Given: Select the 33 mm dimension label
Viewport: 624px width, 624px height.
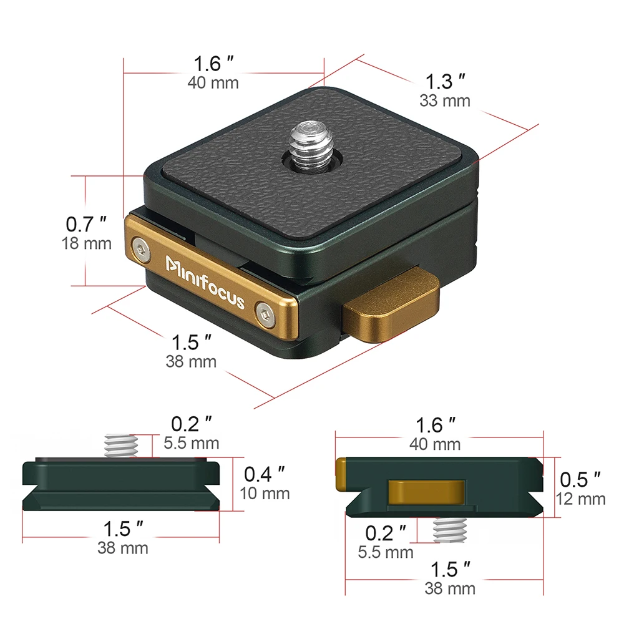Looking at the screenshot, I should [445, 100].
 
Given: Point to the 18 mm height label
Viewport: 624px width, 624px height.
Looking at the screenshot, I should [87, 243].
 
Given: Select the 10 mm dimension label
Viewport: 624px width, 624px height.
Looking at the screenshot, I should [265, 494].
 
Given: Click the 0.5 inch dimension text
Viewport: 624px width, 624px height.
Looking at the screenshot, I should [581, 479].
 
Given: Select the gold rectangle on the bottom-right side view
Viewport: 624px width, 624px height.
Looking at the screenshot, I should [426, 491].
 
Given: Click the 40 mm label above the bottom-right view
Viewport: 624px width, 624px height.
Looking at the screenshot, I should [435, 444].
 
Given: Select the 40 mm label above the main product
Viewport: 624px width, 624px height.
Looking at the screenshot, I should [213, 82].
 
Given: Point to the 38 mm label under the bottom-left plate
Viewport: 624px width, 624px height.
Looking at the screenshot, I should [123, 548].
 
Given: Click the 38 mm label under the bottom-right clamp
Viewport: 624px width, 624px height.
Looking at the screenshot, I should [450, 588].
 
